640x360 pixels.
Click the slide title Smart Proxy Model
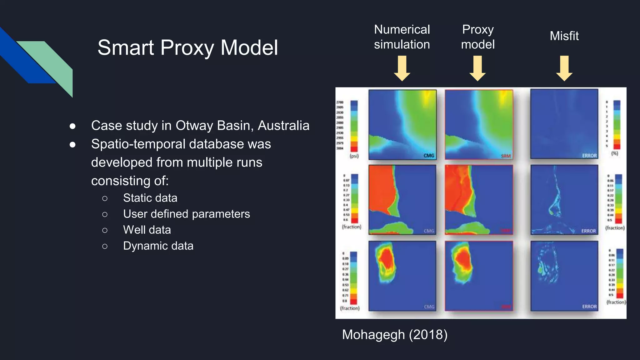point(187,47)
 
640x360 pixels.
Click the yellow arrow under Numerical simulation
point(402,68)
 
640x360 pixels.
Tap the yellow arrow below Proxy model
point(477,68)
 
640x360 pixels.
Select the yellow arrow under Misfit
point(564,68)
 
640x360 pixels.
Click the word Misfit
point(564,36)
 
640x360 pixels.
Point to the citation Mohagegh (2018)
point(395,334)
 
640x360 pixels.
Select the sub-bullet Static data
point(150,198)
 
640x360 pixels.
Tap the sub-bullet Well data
point(147,230)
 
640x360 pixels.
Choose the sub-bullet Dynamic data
point(158,246)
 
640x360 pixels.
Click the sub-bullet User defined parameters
point(186,214)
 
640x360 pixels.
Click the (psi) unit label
point(354,156)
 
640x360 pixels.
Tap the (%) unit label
point(615,153)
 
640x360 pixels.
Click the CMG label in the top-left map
point(429,156)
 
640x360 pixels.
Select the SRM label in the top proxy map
point(506,156)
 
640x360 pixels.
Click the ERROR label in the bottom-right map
point(589,307)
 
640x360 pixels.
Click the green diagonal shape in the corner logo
point(53,62)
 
